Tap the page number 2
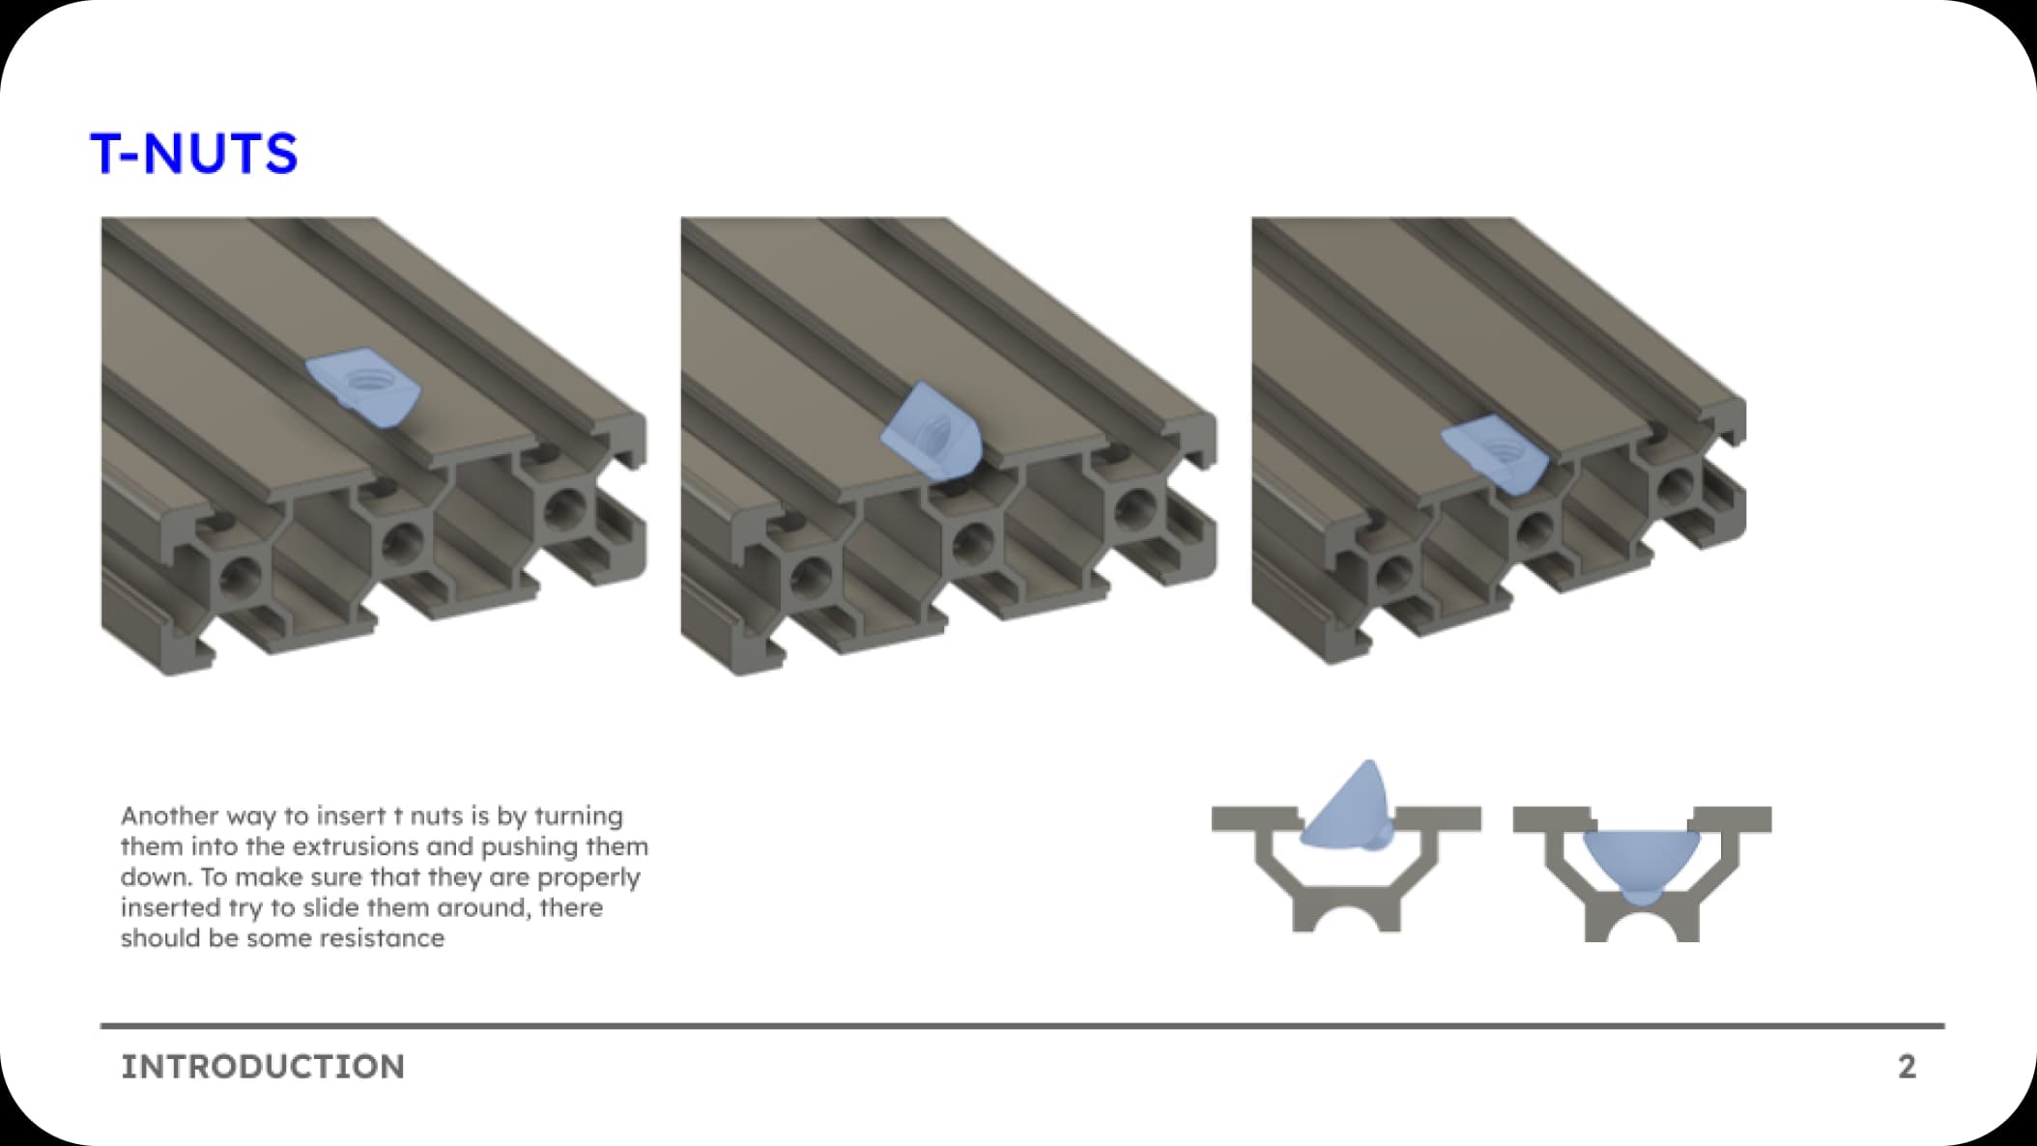click(x=1907, y=1067)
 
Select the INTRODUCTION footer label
click(x=263, y=1067)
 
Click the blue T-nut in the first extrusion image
click(x=364, y=388)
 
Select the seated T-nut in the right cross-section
click(x=1640, y=865)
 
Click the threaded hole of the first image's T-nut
click(x=366, y=379)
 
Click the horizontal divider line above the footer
click(x=1022, y=1025)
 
